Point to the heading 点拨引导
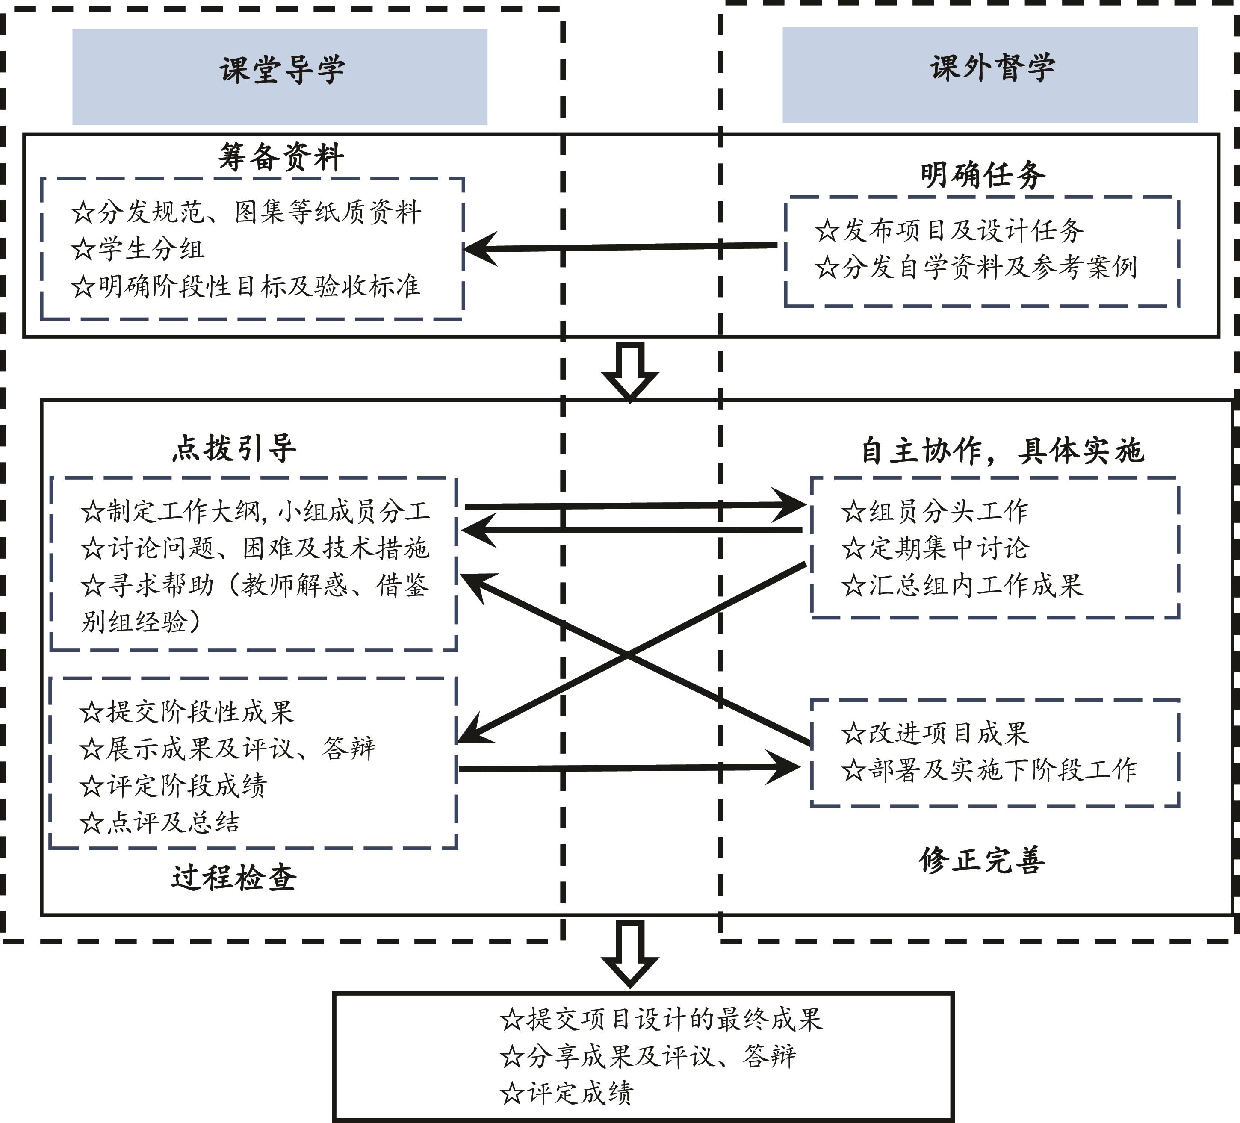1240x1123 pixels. [234, 448]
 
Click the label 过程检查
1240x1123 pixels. [234, 877]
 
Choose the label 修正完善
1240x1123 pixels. [982, 859]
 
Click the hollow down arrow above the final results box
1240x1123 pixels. [630, 952]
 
